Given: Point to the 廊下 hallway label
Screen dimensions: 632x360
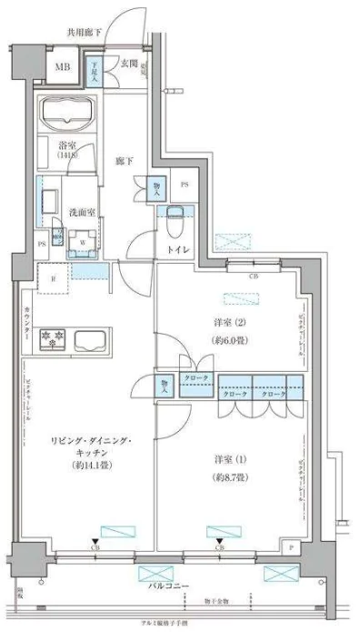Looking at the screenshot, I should (124, 161).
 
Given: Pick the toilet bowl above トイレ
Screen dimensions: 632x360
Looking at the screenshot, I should (174, 217).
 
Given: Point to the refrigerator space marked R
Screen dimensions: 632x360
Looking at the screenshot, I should (53, 277).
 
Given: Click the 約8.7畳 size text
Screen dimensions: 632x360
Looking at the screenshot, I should (229, 477).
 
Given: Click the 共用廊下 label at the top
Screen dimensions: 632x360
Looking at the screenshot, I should (83, 33).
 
